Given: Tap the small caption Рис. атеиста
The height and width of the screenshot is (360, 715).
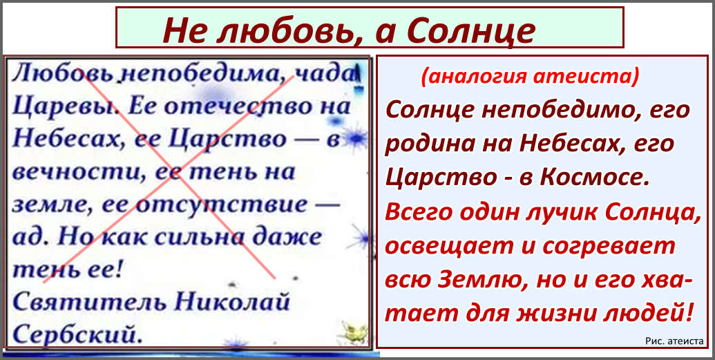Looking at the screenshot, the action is click(674, 341).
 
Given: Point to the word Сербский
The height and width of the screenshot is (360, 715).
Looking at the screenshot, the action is click(75, 334).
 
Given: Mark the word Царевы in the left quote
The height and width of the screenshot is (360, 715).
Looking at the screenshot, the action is click(66, 108).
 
